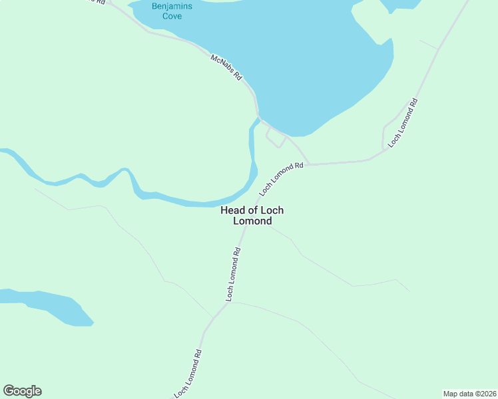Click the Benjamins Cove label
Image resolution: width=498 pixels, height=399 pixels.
[172, 11]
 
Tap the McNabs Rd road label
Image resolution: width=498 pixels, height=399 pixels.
[226, 68]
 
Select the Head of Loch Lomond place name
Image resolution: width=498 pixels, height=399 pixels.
[252, 215]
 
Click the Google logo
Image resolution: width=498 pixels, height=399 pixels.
[22, 391]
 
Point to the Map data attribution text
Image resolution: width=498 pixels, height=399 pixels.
[470, 393]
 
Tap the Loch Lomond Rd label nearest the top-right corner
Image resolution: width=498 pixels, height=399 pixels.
[403, 122]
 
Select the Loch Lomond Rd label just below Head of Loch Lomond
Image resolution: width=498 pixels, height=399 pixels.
[232, 275]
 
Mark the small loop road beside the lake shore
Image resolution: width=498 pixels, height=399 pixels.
[275, 138]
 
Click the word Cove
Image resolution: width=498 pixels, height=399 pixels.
[172, 16]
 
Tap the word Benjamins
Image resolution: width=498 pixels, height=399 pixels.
[172, 6]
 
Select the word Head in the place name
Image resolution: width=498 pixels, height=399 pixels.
[232, 210]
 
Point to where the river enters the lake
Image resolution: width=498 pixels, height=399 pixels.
[256, 120]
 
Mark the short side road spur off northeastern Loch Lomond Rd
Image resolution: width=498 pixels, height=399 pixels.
[385, 133]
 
